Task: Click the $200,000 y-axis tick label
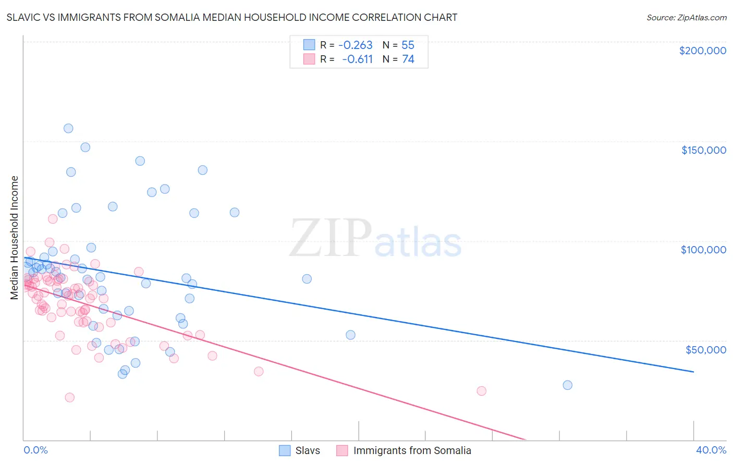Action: pyautogui.click(x=702, y=51)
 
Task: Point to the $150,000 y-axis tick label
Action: pyautogui.click(x=703, y=150)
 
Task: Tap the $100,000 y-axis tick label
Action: pyautogui.click(x=703, y=250)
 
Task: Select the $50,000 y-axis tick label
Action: pyautogui.click(x=705, y=349)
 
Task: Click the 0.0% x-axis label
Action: pyautogui.click(x=35, y=450)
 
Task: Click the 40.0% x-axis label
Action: pyautogui.click(x=711, y=450)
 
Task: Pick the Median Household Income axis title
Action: pyautogui.click(x=15, y=238)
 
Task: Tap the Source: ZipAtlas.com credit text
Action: pyautogui.click(x=686, y=18)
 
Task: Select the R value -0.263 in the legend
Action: pyautogui.click(x=355, y=45)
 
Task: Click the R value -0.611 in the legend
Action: pyautogui.click(x=357, y=59)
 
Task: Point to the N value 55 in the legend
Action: pyautogui.click(x=408, y=45)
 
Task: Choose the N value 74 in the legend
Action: pyautogui.click(x=408, y=59)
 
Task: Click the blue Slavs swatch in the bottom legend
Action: pyautogui.click(x=285, y=450)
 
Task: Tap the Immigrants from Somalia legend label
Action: pyautogui.click(x=412, y=450)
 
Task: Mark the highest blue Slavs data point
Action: pyautogui.click(x=68, y=128)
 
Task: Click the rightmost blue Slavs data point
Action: pyautogui.click(x=567, y=385)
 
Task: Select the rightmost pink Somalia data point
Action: pyautogui.click(x=482, y=391)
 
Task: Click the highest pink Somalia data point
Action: pyautogui.click(x=53, y=219)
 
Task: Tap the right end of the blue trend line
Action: pyautogui.click(x=693, y=372)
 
